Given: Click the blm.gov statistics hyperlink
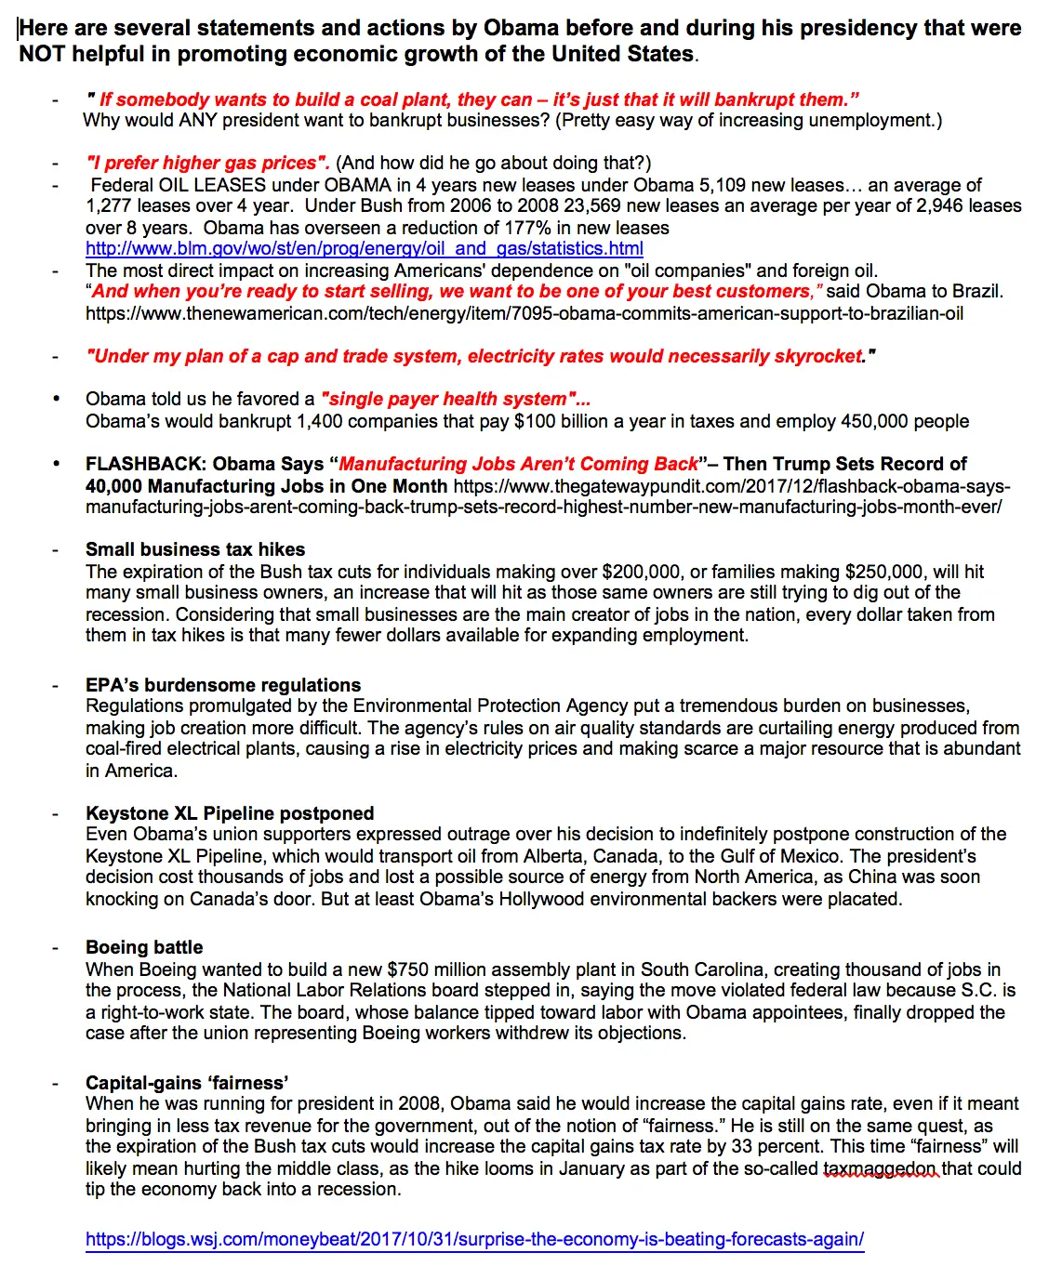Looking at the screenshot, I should [x=364, y=249].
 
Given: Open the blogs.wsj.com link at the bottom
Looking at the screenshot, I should [x=474, y=1239].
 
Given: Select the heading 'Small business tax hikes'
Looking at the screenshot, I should [x=195, y=549].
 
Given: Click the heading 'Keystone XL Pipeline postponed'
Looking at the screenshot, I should [x=230, y=813].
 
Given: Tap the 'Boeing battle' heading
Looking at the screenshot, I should [x=144, y=947].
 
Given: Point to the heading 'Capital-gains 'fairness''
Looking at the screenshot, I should [x=187, y=1083].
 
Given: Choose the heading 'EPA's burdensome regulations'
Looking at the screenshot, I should [x=223, y=685].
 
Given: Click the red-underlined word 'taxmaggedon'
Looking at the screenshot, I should [x=881, y=1168].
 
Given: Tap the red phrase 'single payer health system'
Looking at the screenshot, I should [x=453, y=400].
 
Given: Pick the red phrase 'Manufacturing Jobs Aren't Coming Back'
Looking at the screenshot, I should [x=518, y=464].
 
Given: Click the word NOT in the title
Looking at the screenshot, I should [x=43, y=54].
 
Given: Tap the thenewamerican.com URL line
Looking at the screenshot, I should [x=524, y=314].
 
